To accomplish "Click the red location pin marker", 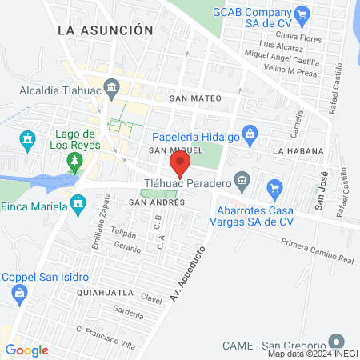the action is point(180,165).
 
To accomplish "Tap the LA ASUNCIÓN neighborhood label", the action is point(105,30).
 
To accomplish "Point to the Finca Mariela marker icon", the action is point(78,205).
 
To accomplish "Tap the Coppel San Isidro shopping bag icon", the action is point(18,294).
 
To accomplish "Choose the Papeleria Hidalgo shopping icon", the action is point(250,133).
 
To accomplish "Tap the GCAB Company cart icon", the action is point(302,14).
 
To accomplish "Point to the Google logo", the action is point(26,350).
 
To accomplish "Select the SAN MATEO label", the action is point(189,98).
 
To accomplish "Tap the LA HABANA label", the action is point(298,150).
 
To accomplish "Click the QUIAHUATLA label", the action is point(98,294).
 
